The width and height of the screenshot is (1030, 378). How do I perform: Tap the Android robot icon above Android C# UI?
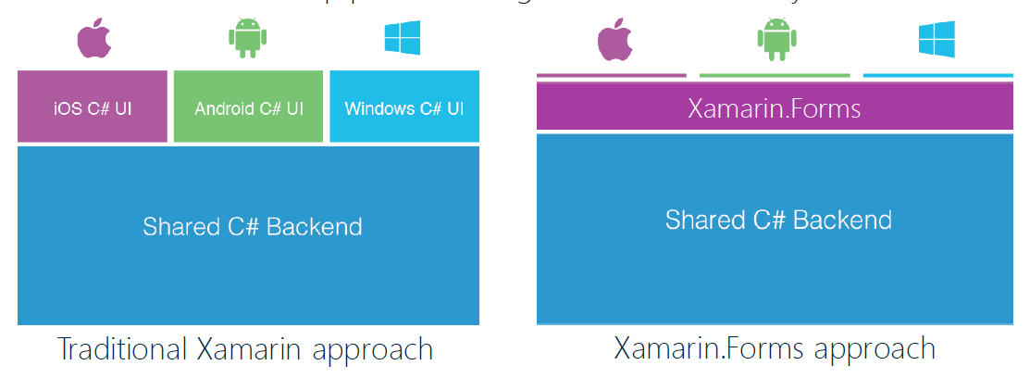click(x=247, y=37)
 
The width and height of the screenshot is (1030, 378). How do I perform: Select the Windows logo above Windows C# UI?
click(x=403, y=37)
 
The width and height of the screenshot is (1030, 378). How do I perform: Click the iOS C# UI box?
click(x=93, y=107)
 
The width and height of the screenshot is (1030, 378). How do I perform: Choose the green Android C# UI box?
click(x=248, y=107)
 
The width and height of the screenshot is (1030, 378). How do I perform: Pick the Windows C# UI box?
click(x=404, y=107)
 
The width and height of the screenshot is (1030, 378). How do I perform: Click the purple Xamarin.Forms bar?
click(x=775, y=108)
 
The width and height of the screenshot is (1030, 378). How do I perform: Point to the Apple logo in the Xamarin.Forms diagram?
click(x=613, y=39)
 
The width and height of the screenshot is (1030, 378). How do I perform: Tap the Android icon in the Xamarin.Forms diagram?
click(x=775, y=38)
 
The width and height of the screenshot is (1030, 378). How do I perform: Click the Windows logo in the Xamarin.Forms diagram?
click(x=937, y=37)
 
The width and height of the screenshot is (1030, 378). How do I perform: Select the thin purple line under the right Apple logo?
click(x=612, y=75)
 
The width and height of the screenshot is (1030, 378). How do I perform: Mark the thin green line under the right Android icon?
click(x=775, y=75)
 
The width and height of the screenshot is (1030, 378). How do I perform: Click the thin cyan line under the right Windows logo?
click(x=937, y=75)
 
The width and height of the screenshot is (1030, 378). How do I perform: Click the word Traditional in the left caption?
click(x=124, y=349)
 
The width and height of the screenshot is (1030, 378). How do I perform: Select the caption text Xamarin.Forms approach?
click(x=775, y=349)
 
